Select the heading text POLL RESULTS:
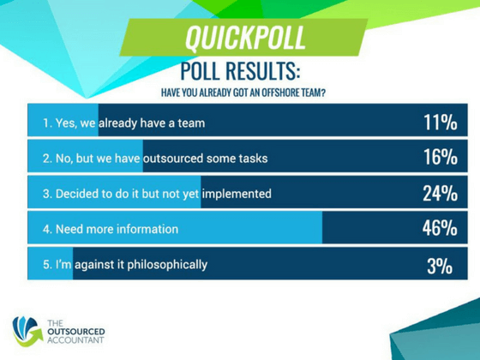click(x=241, y=70)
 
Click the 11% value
click(x=439, y=123)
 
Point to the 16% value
click(x=439, y=159)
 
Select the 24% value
click(x=439, y=194)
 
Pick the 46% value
click(x=439, y=229)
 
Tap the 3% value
click(x=439, y=266)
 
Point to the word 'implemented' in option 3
click(x=237, y=194)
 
